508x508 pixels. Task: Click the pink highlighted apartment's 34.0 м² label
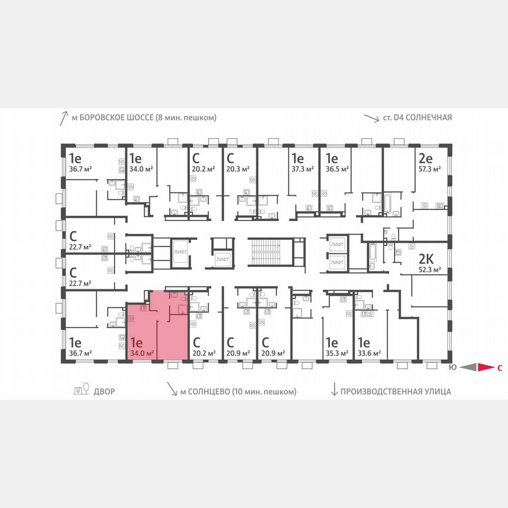142,353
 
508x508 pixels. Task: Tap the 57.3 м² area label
429,169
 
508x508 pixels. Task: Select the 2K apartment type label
425,260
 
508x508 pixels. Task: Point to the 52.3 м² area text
429,271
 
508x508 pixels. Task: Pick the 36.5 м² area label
337,169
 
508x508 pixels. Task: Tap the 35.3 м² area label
337,353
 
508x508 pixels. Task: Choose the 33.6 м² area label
369,353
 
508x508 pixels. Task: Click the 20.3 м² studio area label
238,169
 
